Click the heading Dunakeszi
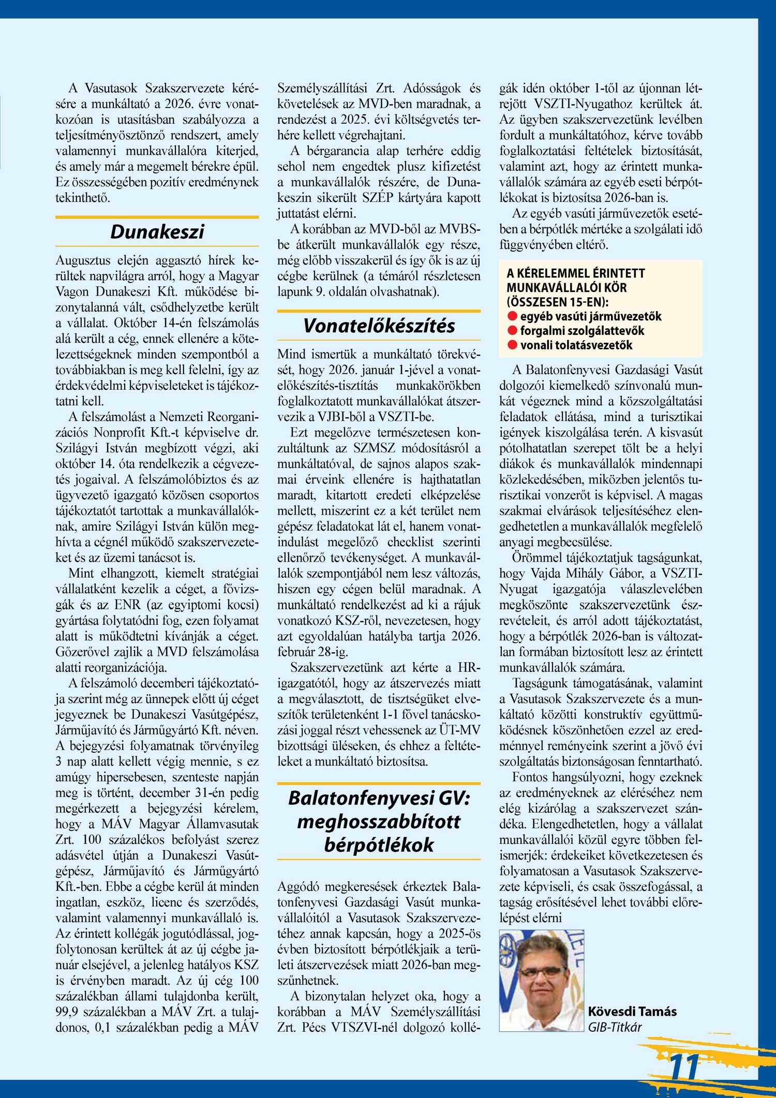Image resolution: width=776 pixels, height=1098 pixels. point(157,232)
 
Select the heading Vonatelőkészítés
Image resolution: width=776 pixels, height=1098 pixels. point(379,326)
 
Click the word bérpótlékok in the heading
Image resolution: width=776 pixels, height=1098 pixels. point(379,845)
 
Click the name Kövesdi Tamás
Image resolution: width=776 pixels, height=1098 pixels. point(632,1011)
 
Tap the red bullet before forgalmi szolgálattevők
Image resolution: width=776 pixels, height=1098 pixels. point(513,331)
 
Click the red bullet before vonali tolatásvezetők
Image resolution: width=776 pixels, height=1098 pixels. point(513,345)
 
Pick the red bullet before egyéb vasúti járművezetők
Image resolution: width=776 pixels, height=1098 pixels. point(513,316)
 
